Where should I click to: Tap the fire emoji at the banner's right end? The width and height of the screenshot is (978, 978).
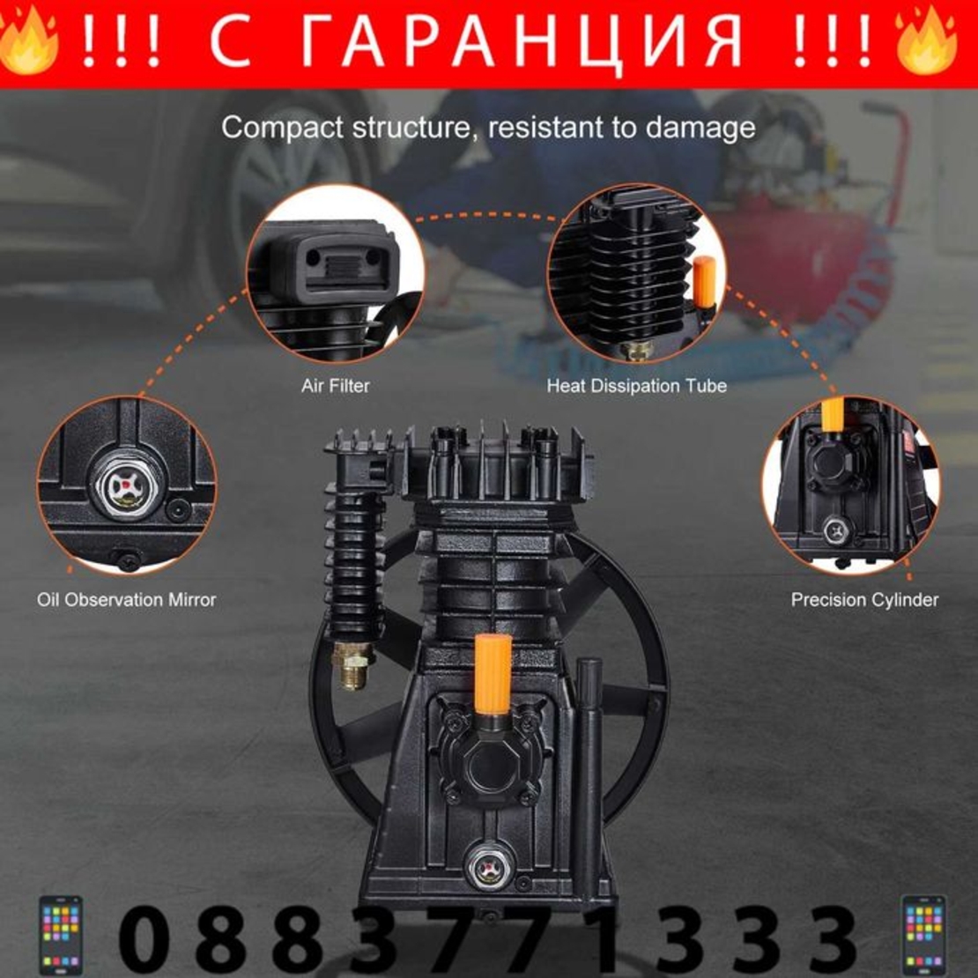click(927, 41)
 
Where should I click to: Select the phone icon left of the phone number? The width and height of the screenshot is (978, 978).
click(60, 935)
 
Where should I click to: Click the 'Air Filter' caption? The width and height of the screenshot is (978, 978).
click(335, 386)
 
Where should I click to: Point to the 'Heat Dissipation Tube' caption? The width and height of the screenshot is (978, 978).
click(636, 386)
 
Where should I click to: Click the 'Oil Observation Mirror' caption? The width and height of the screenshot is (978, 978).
click(126, 600)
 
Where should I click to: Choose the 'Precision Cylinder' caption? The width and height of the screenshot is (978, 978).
click(864, 600)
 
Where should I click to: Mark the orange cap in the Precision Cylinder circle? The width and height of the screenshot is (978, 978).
click(832, 414)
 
